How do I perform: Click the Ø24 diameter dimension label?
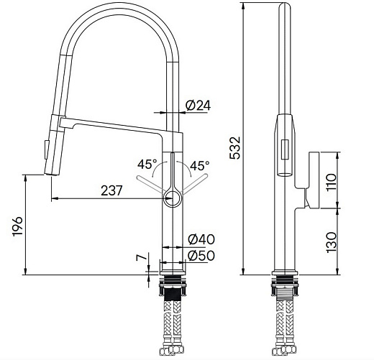pos(198,106)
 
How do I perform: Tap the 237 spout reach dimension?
pos(111,190)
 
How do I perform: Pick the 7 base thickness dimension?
pos(142,257)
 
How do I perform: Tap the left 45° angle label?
pos(146,163)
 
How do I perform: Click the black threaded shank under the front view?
pos(173,293)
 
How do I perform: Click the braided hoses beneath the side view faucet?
pos(284,323)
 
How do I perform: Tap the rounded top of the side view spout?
pos(284,9)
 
